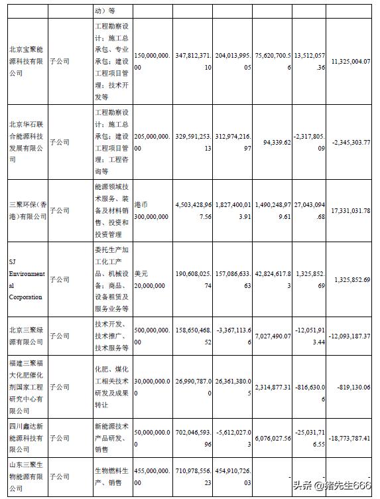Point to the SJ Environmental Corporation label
coord(27,279)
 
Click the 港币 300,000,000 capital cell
coord(151,210)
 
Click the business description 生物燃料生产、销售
coord(110,476)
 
